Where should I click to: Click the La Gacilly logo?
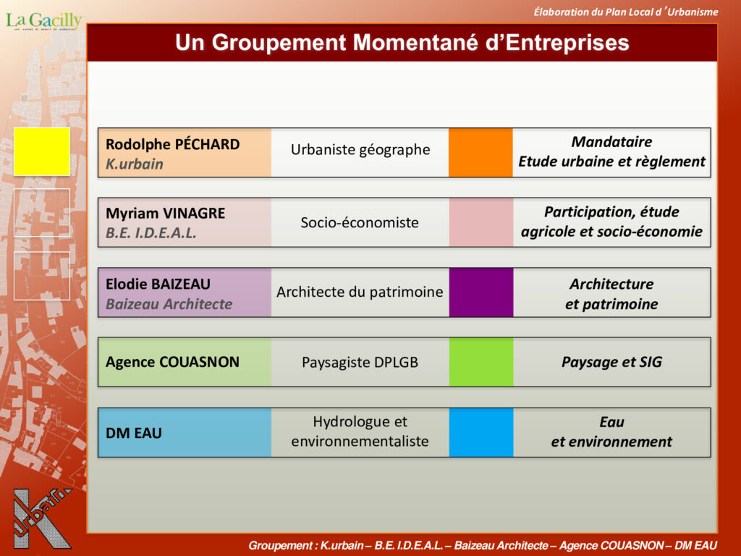pos(43,21)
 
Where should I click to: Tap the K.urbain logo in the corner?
pos(43,518)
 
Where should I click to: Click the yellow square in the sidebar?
pos(42,151)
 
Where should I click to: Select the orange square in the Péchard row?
pos(480,153)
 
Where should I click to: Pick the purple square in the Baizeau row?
pos(481,292)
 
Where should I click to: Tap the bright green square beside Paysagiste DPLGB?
pos(481,362)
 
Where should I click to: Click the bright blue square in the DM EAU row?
pos(481,433)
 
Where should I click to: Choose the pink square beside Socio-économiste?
pos(481,222)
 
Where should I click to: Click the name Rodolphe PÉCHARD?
pos(172,144)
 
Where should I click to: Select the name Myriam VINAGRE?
pos(166,214)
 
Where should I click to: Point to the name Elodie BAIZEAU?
pos(158,284)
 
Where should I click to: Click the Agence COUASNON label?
pos(172,362)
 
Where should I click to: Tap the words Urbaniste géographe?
pos(360,150)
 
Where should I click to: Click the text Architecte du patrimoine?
pos(360,292)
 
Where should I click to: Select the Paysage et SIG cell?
pos(611,362)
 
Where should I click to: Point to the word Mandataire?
pos(611,142)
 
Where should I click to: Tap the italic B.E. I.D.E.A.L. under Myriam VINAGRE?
pos(151,233)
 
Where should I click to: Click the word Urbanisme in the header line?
pos(693,12)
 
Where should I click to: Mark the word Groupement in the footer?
pos(279,546)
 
